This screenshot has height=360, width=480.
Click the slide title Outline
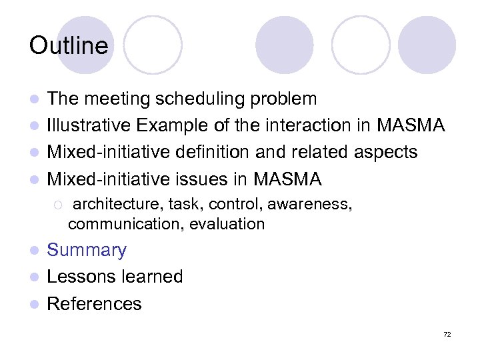tap(69, 45)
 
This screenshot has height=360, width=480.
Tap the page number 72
tap(447, 334)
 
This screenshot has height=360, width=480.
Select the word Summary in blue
tap(87, 251)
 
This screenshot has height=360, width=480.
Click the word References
tap(94, 304)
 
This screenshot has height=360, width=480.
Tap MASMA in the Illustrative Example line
tap(410, 125)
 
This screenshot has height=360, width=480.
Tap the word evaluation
tap(227, 224)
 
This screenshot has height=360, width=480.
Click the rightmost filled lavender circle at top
tap(427, 45)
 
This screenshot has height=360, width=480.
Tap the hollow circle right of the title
tap(153, 45)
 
